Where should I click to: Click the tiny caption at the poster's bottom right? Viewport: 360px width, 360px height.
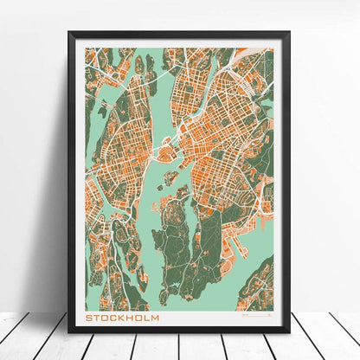pyautogui.click(x=256, y=318)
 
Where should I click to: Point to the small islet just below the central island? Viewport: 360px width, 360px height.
pyautogui.click(x=170, y=177)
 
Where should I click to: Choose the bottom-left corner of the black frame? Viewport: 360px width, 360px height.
pyautogui.click(x=70, y=335)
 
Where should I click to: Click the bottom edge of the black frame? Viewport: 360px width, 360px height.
pyautogui.click(x=179, y=334)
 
